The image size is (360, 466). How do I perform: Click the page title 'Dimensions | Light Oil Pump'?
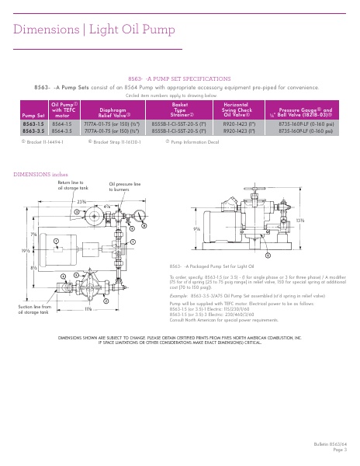(x=85, y=30)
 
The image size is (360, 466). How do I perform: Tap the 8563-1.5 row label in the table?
(x=33, y=124)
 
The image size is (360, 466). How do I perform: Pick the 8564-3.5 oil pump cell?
(x=62, y=131)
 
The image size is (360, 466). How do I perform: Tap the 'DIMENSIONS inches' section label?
(x=39, y=175)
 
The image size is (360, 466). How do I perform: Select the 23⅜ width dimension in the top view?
(x=81, y=200)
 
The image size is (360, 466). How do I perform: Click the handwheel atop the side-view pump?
(x=250, y=189)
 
